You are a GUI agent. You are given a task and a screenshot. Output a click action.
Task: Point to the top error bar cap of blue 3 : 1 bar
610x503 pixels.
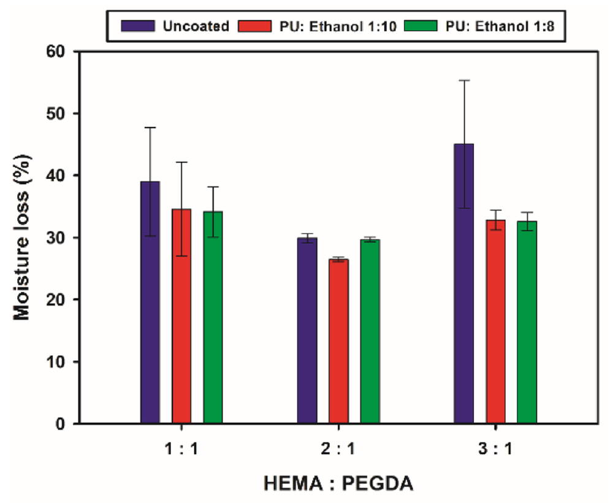tap(464, 80)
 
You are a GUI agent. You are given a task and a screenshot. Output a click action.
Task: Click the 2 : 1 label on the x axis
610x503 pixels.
tap(338, 449)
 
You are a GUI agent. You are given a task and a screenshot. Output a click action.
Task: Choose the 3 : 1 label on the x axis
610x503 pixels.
tap(495, 449)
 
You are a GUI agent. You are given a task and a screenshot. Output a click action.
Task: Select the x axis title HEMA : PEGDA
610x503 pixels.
tap(338, 484)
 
